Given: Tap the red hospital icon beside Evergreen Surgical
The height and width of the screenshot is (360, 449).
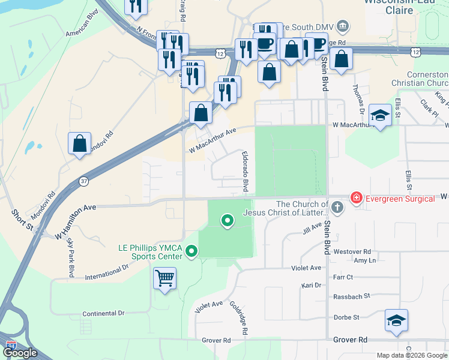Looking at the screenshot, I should coord(357,197).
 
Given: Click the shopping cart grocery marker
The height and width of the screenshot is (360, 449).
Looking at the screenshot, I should coord(164,278).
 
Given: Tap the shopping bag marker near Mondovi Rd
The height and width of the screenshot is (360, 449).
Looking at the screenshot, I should coord(80,144).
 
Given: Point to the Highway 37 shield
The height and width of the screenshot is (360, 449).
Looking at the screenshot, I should coord(83,181).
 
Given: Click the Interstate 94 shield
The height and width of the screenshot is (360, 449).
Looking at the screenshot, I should coord(11,346).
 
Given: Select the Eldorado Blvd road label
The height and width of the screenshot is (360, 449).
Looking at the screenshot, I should coord(245,171).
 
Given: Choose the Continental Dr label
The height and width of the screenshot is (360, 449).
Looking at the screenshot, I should coord(103,313).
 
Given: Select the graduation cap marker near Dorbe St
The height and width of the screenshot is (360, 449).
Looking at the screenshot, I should coord(396,320).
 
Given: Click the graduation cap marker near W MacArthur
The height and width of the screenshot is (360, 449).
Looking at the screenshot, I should coord(380,115).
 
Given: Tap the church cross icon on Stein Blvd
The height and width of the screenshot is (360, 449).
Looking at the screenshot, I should coord(337,208).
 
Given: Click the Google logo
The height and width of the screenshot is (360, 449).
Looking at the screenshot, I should coord(21,353).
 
